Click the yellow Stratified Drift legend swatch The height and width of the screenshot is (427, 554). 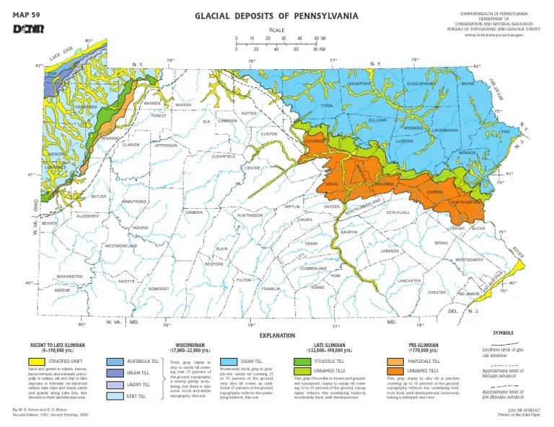pos(36,360)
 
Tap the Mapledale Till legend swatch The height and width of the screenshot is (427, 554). pos(395,360)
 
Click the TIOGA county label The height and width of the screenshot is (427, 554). pos(327,105)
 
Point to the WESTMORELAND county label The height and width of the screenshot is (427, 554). pos(121,246)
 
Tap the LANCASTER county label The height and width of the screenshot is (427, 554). pos(409,280)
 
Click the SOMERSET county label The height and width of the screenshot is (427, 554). pos(158,288)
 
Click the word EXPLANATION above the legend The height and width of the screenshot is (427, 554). pos(278,336)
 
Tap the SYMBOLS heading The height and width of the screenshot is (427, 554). pos(504,333)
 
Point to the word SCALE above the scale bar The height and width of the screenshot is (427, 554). pos(278,30)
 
